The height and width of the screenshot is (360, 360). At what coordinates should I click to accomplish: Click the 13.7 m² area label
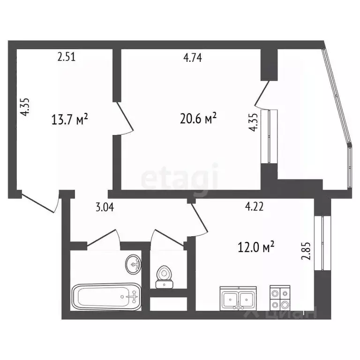tap(70, 120)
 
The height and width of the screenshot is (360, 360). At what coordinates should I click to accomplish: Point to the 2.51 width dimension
tap(67, 58)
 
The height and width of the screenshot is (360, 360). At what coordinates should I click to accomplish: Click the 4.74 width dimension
tap(192, 58)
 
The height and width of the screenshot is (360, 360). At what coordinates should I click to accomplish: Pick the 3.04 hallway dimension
tap(105, 207)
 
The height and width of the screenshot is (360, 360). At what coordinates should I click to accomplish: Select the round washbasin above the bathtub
tap(134, 264)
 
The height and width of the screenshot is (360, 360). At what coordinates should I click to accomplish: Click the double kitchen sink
tap(238, 298)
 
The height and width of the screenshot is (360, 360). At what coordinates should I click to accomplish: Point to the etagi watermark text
tap(180, 178)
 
